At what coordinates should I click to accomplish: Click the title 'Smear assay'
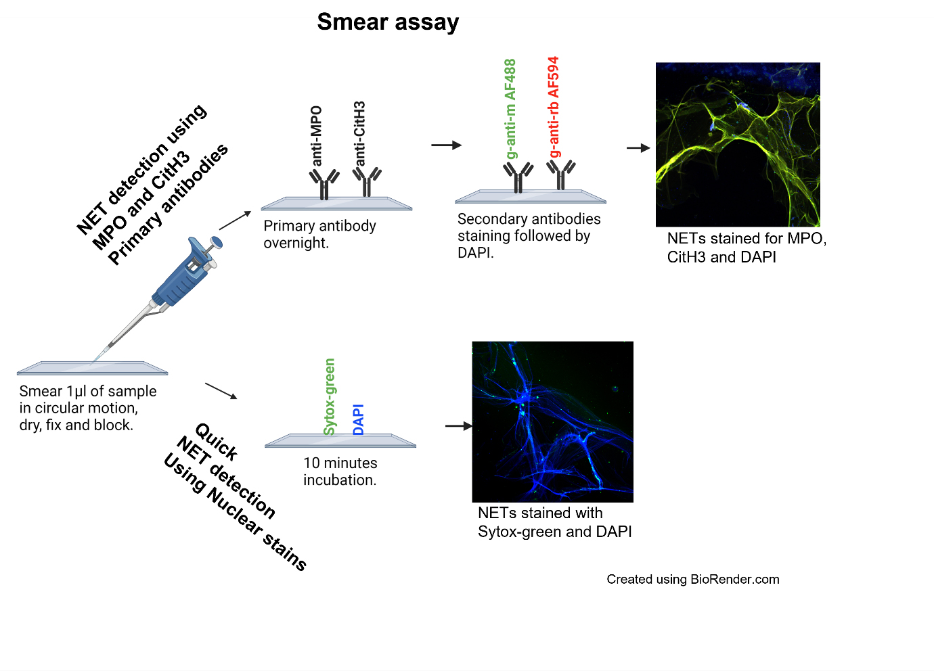pos(388,22)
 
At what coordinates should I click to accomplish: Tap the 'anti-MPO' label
pos(317,136)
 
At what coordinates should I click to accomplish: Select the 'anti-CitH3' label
pos(359,133)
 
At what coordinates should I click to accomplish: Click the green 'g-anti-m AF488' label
pos(510,109)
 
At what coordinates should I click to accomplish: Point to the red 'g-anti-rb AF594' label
pos(554,107)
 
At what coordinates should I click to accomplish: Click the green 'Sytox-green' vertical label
pos(330,397)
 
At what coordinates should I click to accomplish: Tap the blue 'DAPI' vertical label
pos(358,419)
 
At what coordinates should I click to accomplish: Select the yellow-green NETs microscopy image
pos(738,145)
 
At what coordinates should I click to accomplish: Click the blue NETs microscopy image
pos(552,422)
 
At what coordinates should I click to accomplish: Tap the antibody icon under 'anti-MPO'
pos(324,184)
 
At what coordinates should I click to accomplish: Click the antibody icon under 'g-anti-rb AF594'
pos(561,175)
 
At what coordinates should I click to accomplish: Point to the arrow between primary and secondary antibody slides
pos(446,145)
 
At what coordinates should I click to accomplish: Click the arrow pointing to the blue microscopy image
pos(459,426)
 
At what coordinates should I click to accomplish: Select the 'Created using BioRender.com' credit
pos(692,579)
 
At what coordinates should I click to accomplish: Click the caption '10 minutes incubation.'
pos(340,471)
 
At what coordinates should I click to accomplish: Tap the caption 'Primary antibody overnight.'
pos(320,234)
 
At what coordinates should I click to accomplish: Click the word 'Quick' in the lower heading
pos(217,442)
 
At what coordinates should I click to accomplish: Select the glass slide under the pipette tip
pos(92,369)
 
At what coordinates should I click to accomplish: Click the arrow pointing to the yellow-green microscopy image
pos(638,147)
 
